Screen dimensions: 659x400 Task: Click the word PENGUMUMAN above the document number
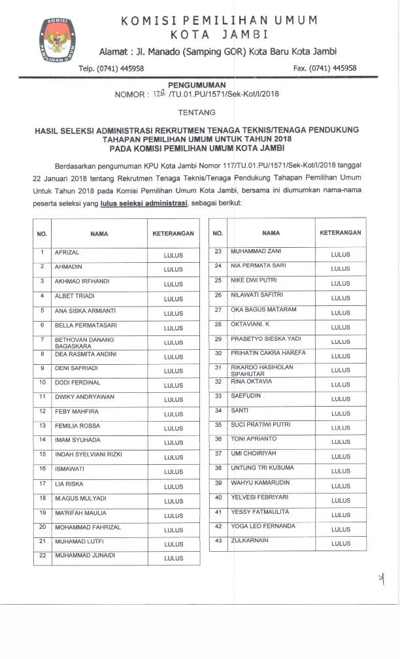[197, 85]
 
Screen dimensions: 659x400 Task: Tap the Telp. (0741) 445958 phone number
[111, 68]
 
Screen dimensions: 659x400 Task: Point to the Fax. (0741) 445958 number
[325, 68]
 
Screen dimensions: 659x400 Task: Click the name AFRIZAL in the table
[67, 252]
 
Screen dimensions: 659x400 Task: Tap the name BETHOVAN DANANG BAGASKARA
[84, 343]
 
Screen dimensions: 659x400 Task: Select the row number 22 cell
[42, 556]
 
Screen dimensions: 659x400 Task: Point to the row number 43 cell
[218, 541]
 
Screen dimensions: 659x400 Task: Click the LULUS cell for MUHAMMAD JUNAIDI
[174, 559]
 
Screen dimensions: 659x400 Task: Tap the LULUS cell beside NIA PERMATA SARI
[341, 269]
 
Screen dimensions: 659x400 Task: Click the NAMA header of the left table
[99, 233]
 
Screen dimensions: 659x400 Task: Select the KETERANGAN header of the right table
[341, 233]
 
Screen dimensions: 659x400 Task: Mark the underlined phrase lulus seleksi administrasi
[144, 203]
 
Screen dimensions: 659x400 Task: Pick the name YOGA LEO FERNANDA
[263, 526]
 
